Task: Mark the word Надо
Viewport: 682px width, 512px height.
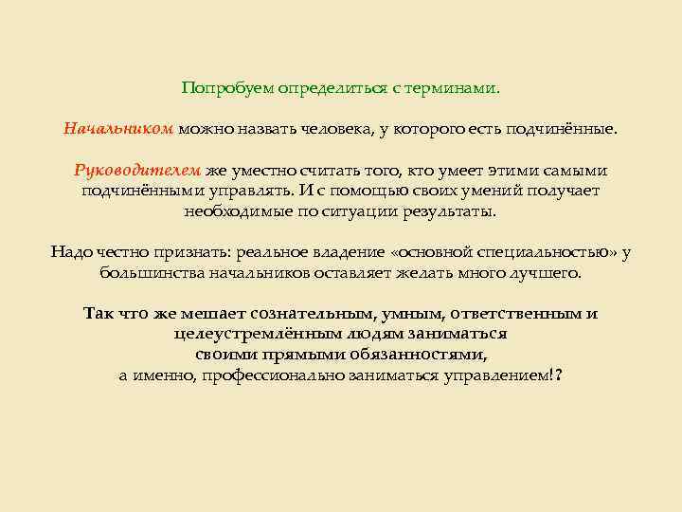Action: click(68, 251)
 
